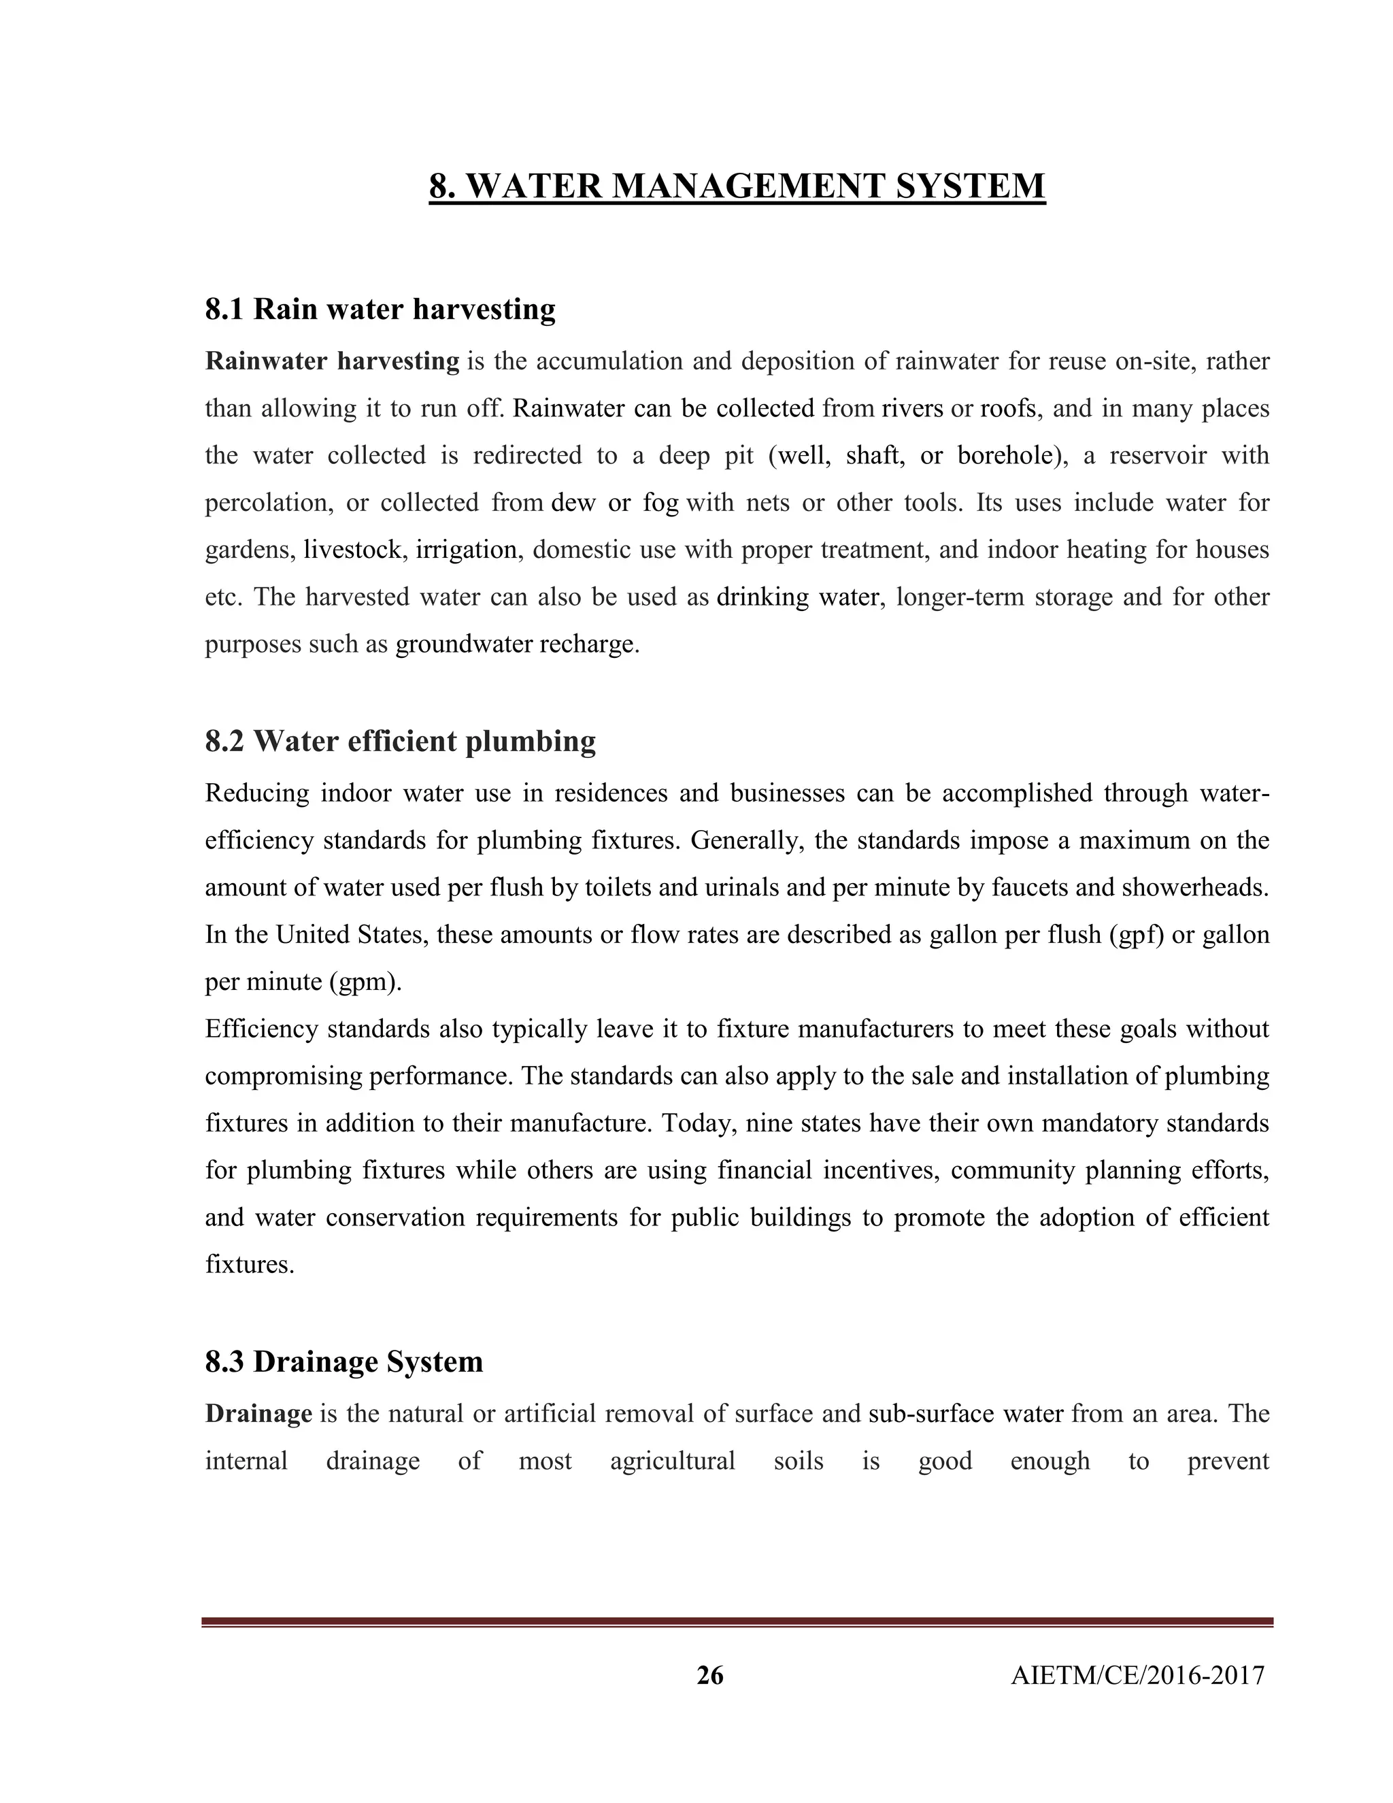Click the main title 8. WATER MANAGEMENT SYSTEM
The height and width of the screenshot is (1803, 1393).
click(737, 186)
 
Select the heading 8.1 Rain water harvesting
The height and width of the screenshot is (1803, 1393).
click(380, 310)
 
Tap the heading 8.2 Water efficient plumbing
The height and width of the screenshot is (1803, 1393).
click(400, 742)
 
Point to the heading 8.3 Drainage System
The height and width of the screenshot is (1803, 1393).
click(343, 1361)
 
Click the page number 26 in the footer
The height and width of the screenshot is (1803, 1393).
click(709, 1675)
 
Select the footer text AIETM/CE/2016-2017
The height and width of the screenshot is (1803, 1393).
click(1137, 1675)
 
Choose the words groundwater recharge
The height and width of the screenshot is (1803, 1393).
click(517, 644)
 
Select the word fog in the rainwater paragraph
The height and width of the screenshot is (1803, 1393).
click(660, 503)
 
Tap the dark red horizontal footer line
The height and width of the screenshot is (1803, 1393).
click(737, 1623)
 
